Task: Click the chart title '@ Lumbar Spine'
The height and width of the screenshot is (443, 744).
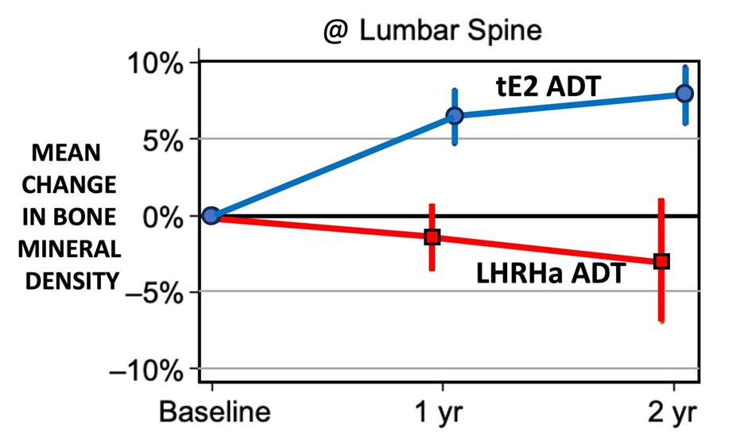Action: point(432,31)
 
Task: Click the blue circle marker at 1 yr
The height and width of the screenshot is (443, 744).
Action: point(455,116)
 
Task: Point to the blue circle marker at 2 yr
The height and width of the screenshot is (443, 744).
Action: point(684,94)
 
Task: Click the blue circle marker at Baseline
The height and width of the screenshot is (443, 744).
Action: point(211,215)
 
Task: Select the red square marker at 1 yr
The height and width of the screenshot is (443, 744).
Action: point(432,237)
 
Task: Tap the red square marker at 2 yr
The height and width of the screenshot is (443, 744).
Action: point(661,260)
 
